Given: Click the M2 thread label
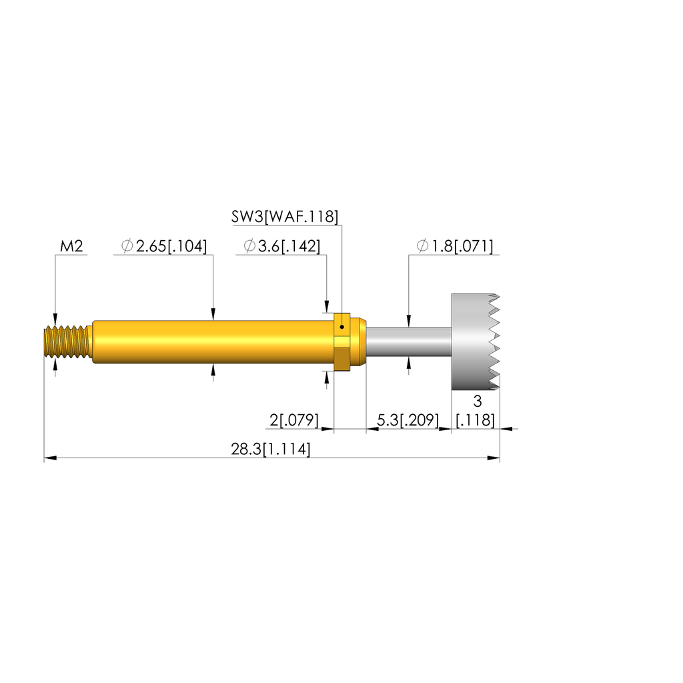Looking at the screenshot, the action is click(x=71, y=246).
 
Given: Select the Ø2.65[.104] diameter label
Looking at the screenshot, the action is click(x=164, y=246).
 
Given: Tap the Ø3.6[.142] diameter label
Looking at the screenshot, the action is click(x=282, y=246).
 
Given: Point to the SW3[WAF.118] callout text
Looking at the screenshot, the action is click(x=284, y=217).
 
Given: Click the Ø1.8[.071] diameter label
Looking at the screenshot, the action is click(x=455, y=246).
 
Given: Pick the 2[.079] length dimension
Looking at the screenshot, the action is click(x=294, y=420).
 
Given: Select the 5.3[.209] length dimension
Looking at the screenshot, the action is click(x=408, y=420).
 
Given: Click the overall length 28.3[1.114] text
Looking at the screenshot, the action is click(x=271, y=449).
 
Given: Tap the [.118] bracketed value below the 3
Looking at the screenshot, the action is click(x=475, y=420).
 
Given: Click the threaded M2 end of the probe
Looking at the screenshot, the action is click(x=68, y=342).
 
